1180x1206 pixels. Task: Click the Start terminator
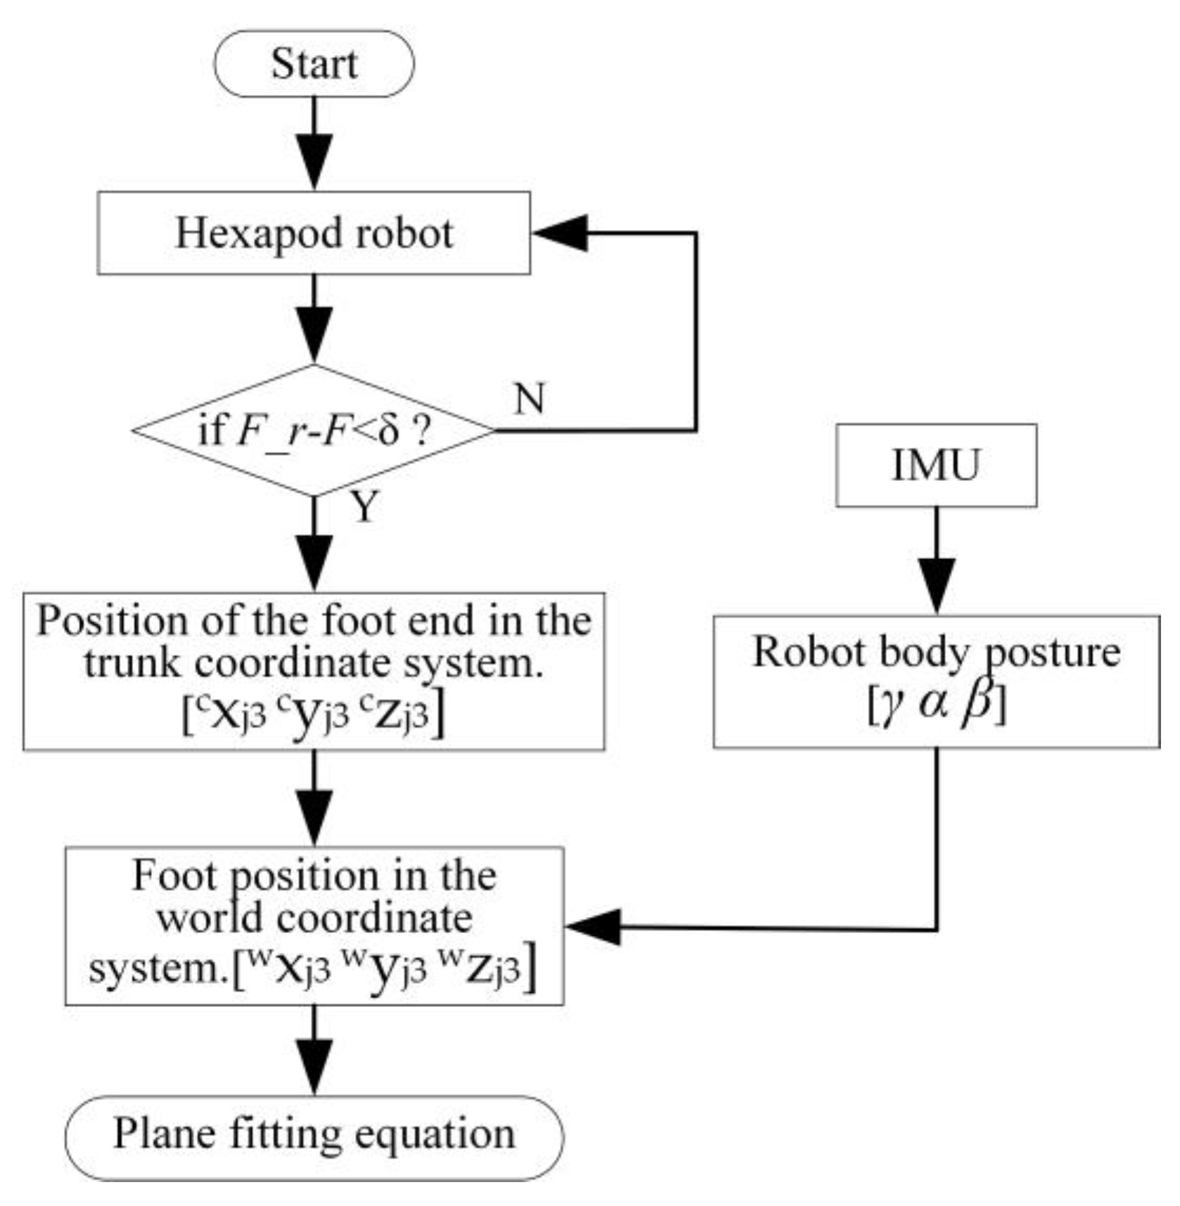pyautogui.click(x=314, y=63)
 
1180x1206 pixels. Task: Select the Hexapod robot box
pyautogui.click(x=314, y=233)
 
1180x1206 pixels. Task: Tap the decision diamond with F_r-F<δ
pyautogui.click(x=314, y=430)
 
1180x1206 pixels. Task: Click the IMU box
pyautogui.click(x=936, y=465)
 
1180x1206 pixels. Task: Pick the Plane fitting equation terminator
pyautogui.click(x=314, y=1137)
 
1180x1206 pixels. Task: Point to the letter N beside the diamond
pyautogui.click(x=530, y=399)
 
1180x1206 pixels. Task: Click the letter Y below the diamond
pyautogui.click(x=364, y=506)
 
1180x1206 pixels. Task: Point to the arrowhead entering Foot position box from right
pyautogui.click(x=593, y=926)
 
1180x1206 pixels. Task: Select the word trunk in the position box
pyautogui.click(x=132, y=663)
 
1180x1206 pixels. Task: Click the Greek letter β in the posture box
pyautogui.click(x=978, y=701)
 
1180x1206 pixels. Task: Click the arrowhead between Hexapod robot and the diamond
pyautogui.click(x=314, y=334)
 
